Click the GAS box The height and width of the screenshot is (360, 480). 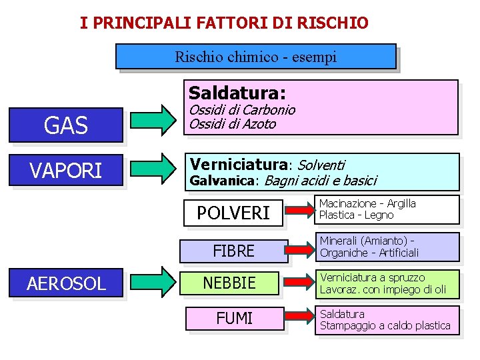tap(66, 125)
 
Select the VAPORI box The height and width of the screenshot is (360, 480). tap(66, 171)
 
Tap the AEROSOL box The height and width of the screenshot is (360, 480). tap(66, 283)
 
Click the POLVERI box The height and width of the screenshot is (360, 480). tap(233, 212)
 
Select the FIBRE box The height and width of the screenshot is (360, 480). tap(233, 250)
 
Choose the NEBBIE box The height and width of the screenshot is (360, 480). tap(229, 283)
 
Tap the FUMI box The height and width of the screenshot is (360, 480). tap(234, 319)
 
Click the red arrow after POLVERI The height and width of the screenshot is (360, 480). tap(299, 211)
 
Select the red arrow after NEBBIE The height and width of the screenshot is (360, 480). tap(299, 282)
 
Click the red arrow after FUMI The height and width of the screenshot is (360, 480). tap(299, 318)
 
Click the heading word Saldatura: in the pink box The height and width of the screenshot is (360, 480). tap(237, 92)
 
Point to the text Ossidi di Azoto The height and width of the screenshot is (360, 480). tap(232, 123)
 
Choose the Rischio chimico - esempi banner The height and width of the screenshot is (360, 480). tap(255, 57)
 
